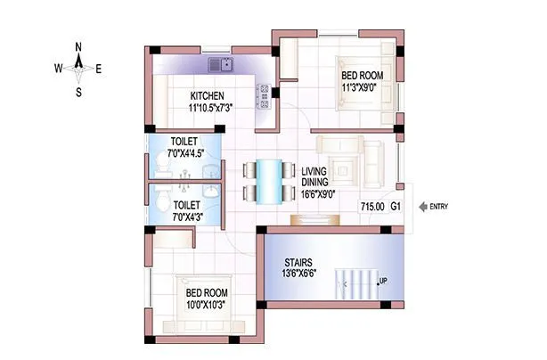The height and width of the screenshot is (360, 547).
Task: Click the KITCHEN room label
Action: pyautogui.click(x=207, y=95)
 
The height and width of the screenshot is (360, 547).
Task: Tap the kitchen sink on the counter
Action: pyautogui.click(x=219, y=64)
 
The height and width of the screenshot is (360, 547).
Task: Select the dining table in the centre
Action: pyautogui.click(x=267, y=181)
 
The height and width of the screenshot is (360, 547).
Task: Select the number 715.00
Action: pyautogui.click(x=372, y=207)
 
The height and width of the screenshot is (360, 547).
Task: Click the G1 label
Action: pyautogui.click(x=396, y=207)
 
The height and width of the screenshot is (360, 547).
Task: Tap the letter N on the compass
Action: pyautogui.click(x=78, y=46)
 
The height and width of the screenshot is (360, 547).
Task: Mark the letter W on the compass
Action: pyautogui.click(x=58, y=68)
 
